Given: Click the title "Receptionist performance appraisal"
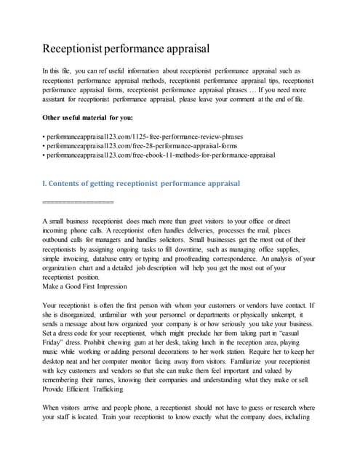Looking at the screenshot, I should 126,49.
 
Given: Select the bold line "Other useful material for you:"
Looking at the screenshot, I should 93,117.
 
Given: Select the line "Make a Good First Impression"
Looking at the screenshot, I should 84,286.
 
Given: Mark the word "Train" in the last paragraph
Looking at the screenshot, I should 103,418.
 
